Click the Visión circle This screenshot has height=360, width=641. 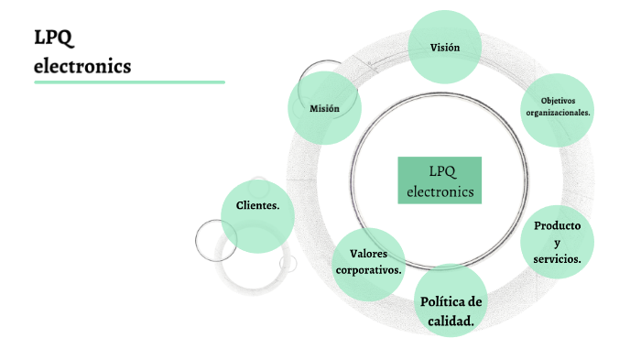click(445, 47)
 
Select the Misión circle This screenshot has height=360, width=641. click(324, 108)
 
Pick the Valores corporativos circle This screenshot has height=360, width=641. click(368, 264)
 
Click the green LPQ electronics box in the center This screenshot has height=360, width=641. click(440, 180)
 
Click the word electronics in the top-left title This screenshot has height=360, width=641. click(82, 66)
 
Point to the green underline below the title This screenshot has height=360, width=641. click(129, 82)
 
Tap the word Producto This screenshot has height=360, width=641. click(558, 226)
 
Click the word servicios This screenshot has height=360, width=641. click(557, 260)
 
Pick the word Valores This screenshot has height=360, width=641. click(368, 254)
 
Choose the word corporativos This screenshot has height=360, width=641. click(368, 271)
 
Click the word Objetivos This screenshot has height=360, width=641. click(558, 100)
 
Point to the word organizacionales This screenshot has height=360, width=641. click(558, 113)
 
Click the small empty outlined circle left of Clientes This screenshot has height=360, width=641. click(216, 240)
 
